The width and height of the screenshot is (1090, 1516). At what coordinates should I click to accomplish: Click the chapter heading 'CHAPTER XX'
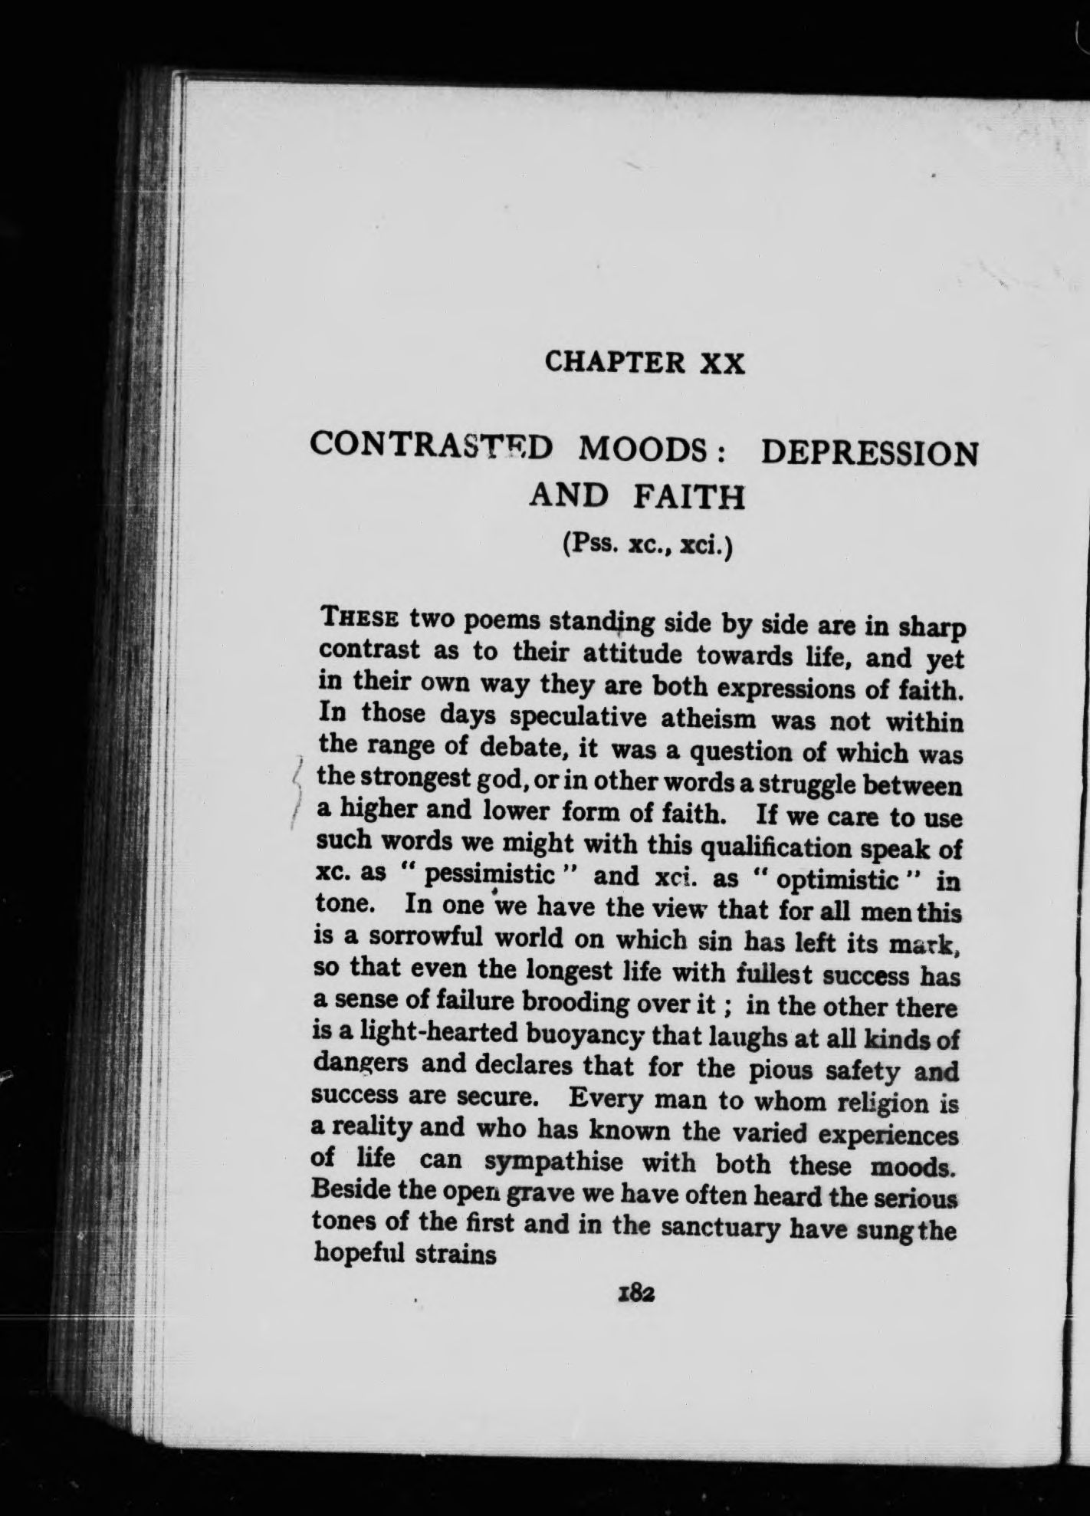coord(645,361)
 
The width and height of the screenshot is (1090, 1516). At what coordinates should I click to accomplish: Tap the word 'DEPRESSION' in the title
coord(869,453)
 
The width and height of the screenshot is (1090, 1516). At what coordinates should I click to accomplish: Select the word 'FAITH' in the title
coord(688,498)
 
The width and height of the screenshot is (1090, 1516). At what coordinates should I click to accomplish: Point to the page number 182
coord(632,1294)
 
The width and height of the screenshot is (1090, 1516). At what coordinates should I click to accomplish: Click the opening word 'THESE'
coord(361,617)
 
